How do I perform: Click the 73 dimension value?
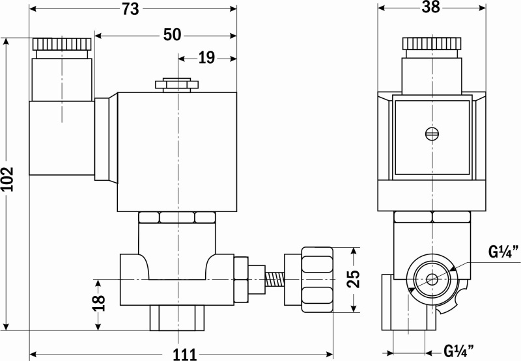tap(130, 8)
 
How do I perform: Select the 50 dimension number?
tap(172, 34)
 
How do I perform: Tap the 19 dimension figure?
tap(206, 58)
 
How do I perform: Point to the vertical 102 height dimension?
tap(8, 179)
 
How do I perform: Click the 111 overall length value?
tap(184, 354)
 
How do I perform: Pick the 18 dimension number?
tap(99, 302)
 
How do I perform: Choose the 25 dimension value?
tap(354, 278)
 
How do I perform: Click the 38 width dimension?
tap(431, 7)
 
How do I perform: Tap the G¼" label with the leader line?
tap(503, 252)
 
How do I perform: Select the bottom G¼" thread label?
tap(459, 351)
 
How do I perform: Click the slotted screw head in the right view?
tap(432, 134)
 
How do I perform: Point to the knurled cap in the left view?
tap(62, 44)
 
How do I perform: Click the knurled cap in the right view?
tap(432, 44)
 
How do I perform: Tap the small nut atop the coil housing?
tap(176, 85)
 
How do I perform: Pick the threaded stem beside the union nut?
tap(275, 280)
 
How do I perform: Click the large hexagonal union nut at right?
tap(317, 280)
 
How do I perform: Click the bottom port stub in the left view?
tap(177, 318)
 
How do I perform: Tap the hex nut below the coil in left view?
tap(177, 217)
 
